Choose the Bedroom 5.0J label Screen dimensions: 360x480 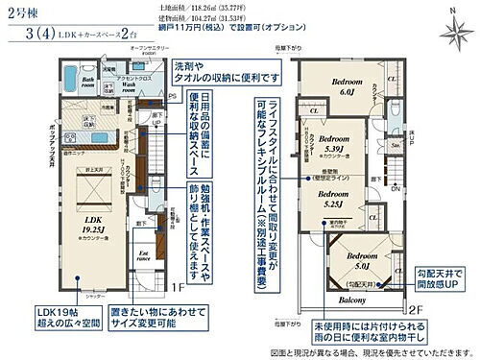363,261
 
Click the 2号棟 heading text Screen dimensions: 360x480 23,12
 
